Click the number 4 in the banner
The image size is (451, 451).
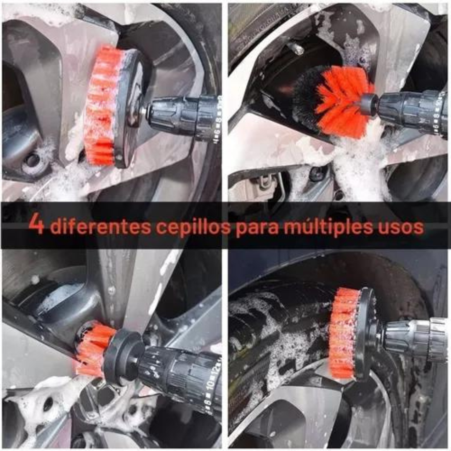(x=36, y=224)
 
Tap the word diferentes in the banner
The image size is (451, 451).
(x=100, y=227)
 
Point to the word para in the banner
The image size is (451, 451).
(x=256, y=228)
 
